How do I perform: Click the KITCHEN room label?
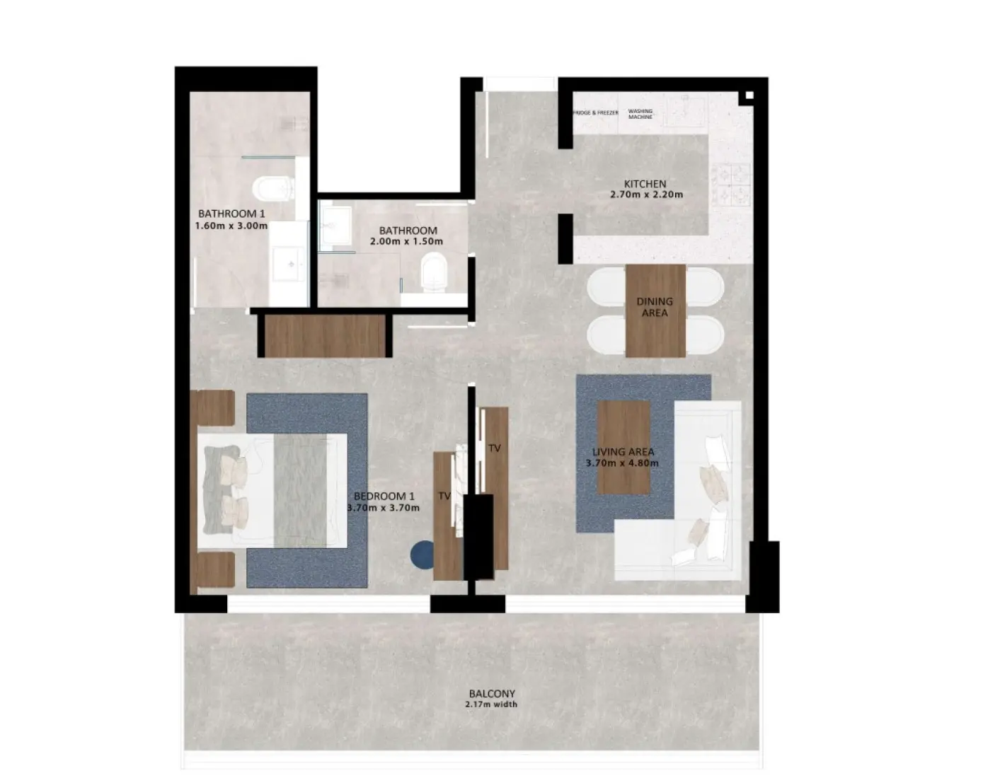click(x=645, y=184)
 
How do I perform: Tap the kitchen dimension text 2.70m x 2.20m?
click(x=646, y=194)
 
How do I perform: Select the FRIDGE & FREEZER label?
click(x=595, y=113)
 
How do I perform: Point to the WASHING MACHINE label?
click(x=640, y=114)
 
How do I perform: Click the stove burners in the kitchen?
click(x=731, y=183)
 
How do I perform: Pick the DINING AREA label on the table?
click(x=655, y=307)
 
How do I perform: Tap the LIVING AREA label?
click(x=623, y=452)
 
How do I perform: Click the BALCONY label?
click(x=492, y=694)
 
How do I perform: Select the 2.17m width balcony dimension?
click(x=491, y=704)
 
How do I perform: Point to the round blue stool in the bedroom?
click(x=422, y=555)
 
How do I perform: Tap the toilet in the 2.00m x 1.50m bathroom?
click(x=434, y=272)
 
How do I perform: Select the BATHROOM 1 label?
click(x=231, y=214)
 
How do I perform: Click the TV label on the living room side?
click(x=495, y=448)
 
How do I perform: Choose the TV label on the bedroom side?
click(x=444, y=496)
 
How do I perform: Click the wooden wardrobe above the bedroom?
click(x=325, y=336)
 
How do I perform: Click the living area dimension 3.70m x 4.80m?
click(x=622, y=463)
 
